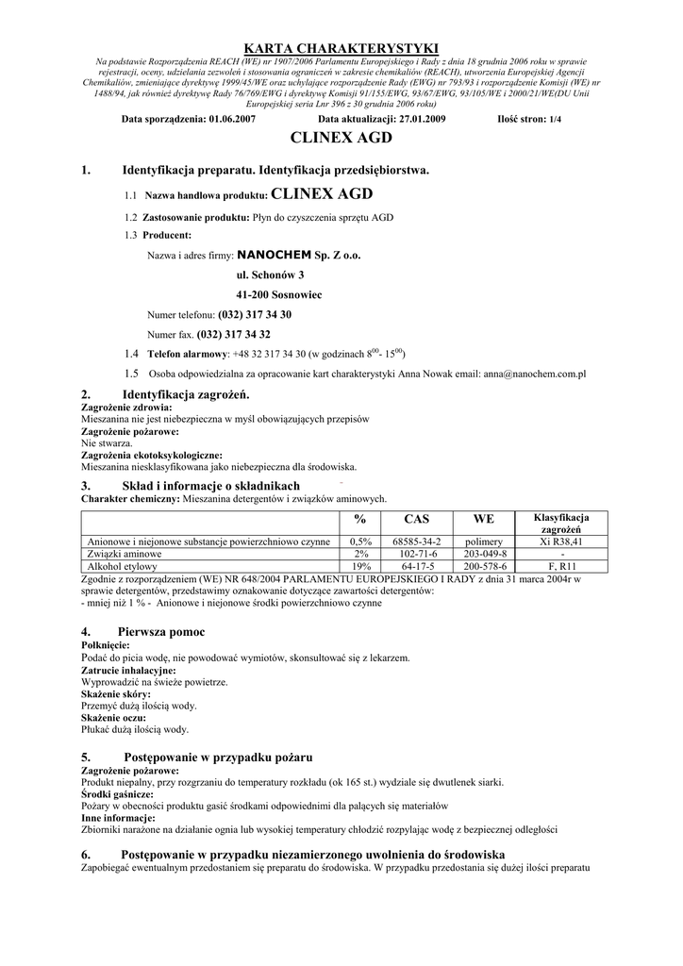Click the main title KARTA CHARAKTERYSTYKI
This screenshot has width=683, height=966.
pos(341,48)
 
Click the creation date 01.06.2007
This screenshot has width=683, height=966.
pos(232,120)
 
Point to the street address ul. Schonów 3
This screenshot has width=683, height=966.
pos(270,275)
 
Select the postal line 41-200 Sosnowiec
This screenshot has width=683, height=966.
pos(278,294)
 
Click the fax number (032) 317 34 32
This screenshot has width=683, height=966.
pos(233,334)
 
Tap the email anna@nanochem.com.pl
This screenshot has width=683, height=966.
pos(534,374)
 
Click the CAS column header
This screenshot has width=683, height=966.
pos(416,519)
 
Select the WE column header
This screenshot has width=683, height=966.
pos(484,519)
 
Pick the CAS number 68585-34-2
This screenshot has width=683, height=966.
pos(416,541)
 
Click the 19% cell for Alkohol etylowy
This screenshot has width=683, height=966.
pos(360,566)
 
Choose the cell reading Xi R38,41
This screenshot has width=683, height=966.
pos(561,541)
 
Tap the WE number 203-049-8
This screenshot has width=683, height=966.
pos(485,554)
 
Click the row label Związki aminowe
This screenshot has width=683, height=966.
pos(123,554)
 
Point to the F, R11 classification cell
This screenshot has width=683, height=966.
pos(561,566)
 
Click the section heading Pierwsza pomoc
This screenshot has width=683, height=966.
pos(160,631)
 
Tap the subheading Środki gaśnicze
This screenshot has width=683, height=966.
pos(117,794)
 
